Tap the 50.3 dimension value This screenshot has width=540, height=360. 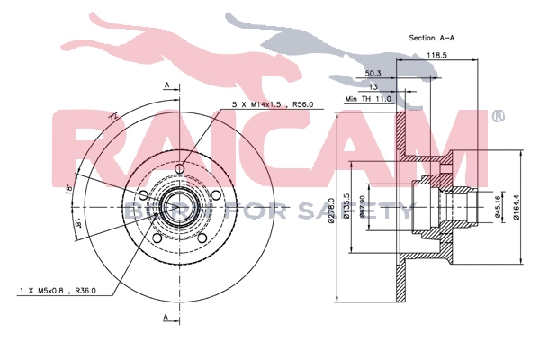(x=373, y=73)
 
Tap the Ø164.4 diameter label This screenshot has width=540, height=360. (x=516, y=207)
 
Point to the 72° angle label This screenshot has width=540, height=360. (x=113, y=117)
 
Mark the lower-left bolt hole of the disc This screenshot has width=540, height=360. (x=157, y=237)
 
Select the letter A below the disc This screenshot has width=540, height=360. (x=167, y=318)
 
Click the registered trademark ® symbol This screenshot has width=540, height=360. (x=499, y=116)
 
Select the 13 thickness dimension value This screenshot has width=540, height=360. (x=373, y=86)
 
